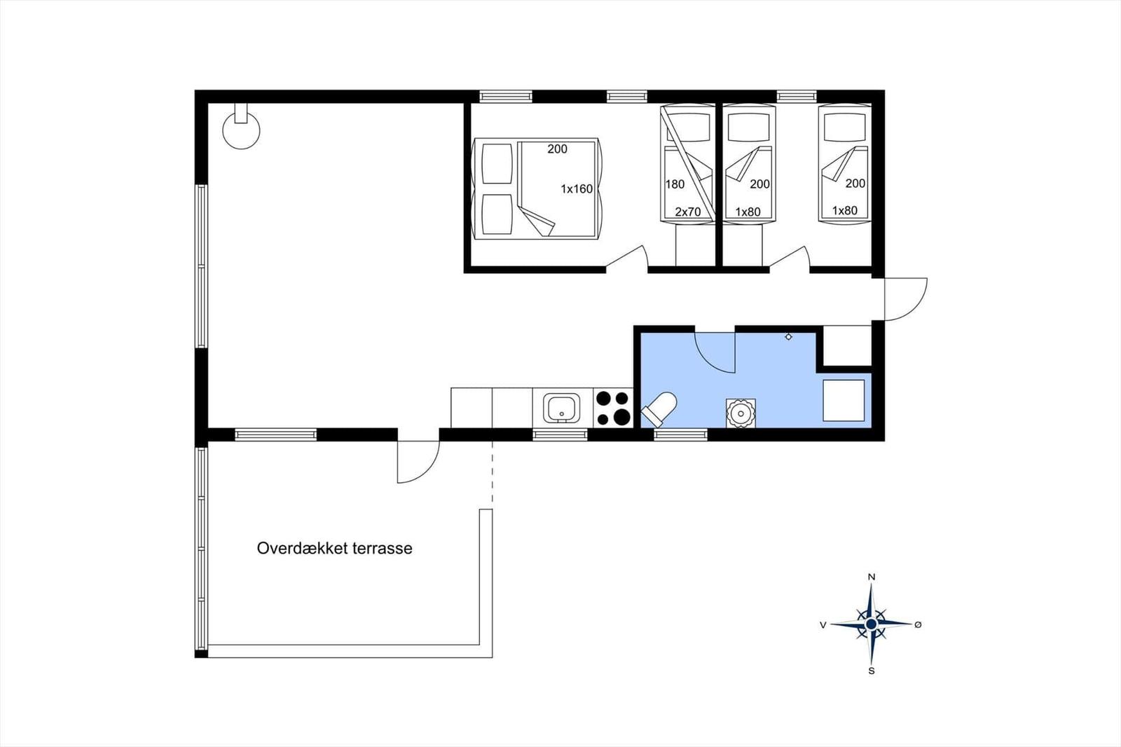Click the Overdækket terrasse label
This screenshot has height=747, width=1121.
(x=334, y=548)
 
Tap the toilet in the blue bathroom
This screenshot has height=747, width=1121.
(x=659, y=409)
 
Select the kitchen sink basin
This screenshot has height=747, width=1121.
(x=562, y=409)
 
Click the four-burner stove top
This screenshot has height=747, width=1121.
(x=613, y=408)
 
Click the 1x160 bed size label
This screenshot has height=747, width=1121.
(x=577, y=189)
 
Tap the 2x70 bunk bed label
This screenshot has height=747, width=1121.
(x=687, y=212)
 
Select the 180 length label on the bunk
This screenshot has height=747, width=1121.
(x=675, y=184)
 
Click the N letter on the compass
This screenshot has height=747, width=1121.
(x=872, y=577)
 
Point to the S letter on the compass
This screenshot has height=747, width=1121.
(x=872, y=671)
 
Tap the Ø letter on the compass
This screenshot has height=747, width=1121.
(x=918, y=624)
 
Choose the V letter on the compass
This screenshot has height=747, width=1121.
(x=823, y=625)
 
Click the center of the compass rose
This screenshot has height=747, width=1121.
(x=872, y=624)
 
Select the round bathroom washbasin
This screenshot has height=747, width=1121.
(x=741, y=413)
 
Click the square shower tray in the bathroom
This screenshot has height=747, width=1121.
(x=844, y=400)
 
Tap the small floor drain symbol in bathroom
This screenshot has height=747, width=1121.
(x=789, y=337)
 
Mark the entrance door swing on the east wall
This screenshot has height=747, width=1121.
(x=915, y=309)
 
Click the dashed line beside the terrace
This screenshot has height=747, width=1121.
(x=493, y=472)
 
